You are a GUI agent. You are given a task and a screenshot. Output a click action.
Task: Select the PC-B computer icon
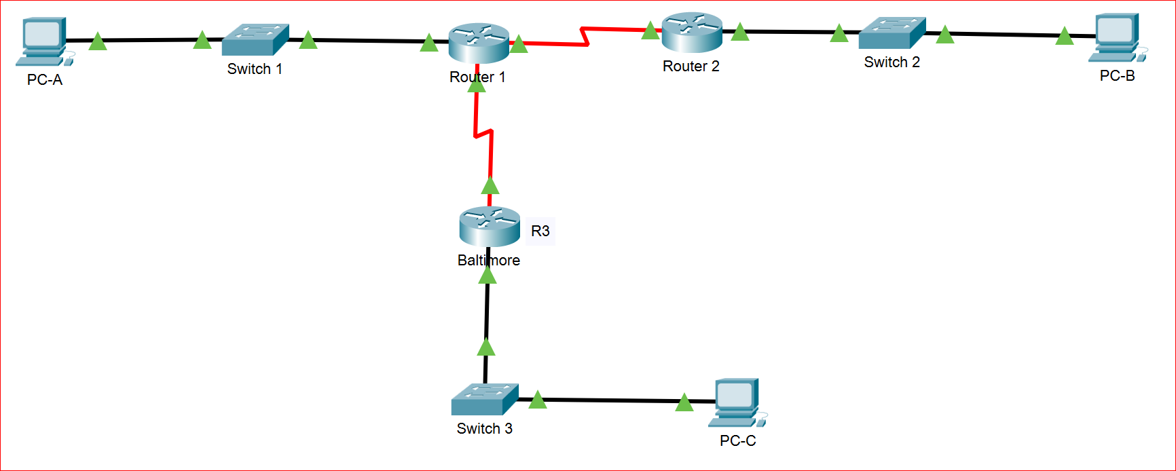pyautogui.click(x=1118, y=37)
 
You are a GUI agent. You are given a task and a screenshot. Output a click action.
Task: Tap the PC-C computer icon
pyautogui.click(x=737, y=402)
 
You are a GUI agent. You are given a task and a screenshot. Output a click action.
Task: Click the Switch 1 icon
pyautogui.click(x=255, y=40)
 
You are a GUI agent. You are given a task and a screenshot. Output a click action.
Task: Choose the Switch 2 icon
pyautogui.click(x=892, y=33)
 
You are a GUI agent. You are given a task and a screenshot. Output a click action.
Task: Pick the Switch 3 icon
pyautogui.click(x=485, y=399)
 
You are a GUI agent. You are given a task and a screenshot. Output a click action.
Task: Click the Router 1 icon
pyautogui.click(x=479, y=43)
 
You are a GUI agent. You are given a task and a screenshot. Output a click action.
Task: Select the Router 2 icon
pyautogui.click(x=692, y=32)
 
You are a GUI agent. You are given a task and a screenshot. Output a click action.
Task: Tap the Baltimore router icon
pyautogui.click(x=490, y=227)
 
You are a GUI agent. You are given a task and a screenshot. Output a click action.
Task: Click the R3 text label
pyautogui.click(x=540, y=231)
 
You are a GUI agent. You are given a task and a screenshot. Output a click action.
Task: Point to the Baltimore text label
pyautogui.click(x=489, y=261)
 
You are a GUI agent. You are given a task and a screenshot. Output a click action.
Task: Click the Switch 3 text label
pyautogui.click(x=484, y=429)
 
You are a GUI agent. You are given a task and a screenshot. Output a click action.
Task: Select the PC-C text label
pyautogui.click(x=737, y=441)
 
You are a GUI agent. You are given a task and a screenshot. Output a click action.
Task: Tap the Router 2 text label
pyautogui.click(x=691, y=67)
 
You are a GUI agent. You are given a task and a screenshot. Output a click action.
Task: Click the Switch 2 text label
pyautogui.click(x=892, y=62)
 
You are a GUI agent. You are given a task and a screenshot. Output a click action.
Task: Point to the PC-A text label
pyautogui.click(x=45, y=80)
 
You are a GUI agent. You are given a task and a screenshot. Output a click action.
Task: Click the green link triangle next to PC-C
pyautogui.click(x=684, y=403)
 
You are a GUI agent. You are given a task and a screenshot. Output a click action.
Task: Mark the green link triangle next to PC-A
pyautogui.click(x=98, y=42)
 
